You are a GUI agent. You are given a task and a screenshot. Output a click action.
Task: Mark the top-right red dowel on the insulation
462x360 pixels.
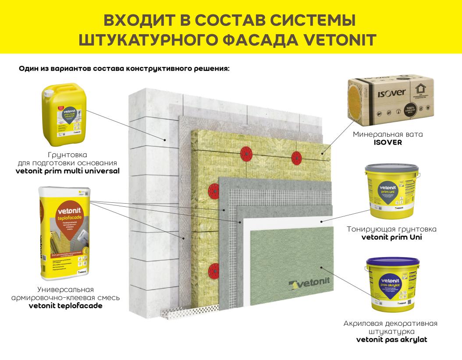[297, 156]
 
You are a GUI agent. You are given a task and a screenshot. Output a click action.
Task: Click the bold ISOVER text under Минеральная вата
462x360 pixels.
[388, 142]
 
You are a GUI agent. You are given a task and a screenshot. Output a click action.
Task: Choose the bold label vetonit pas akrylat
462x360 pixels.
[391, 339]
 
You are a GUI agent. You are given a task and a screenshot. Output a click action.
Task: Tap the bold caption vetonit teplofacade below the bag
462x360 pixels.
[65, 306]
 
